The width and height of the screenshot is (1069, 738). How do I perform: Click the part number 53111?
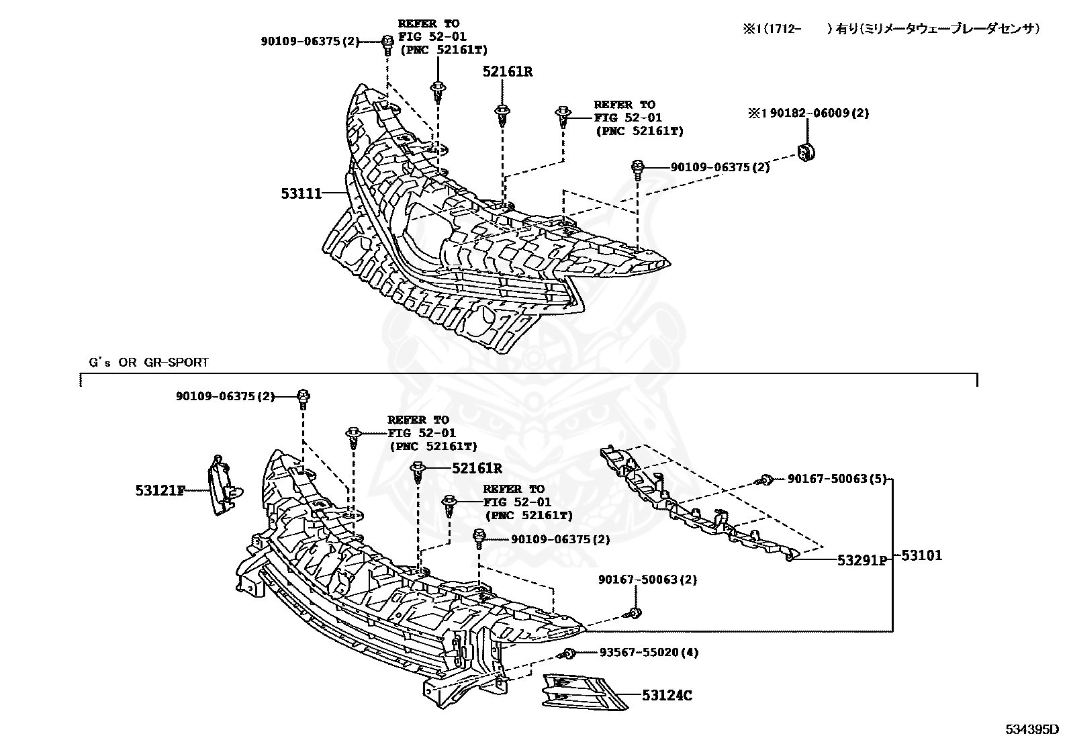pos(301,194)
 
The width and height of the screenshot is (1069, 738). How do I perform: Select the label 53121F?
pos(160,491)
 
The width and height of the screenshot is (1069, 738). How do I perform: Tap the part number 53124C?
pos(666,696)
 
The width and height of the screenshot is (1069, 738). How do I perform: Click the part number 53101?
pos(921,555)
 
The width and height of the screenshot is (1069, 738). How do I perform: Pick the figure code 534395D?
pos(1031,729)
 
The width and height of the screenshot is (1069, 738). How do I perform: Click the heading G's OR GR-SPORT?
pos(149,363)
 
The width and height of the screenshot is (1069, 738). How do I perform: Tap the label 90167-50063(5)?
pos(837,479)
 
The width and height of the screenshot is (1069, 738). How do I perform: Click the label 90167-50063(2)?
pos(647,580)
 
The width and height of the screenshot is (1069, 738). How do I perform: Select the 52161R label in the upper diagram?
pos(507,71)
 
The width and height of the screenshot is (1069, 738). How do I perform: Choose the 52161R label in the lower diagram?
pos(477,468)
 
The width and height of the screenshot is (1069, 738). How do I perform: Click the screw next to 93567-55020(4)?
pos(569,653)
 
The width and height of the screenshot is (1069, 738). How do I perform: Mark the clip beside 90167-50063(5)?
pos(764,479)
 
